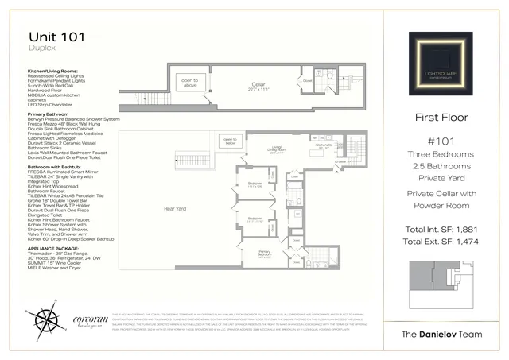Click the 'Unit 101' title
57,37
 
